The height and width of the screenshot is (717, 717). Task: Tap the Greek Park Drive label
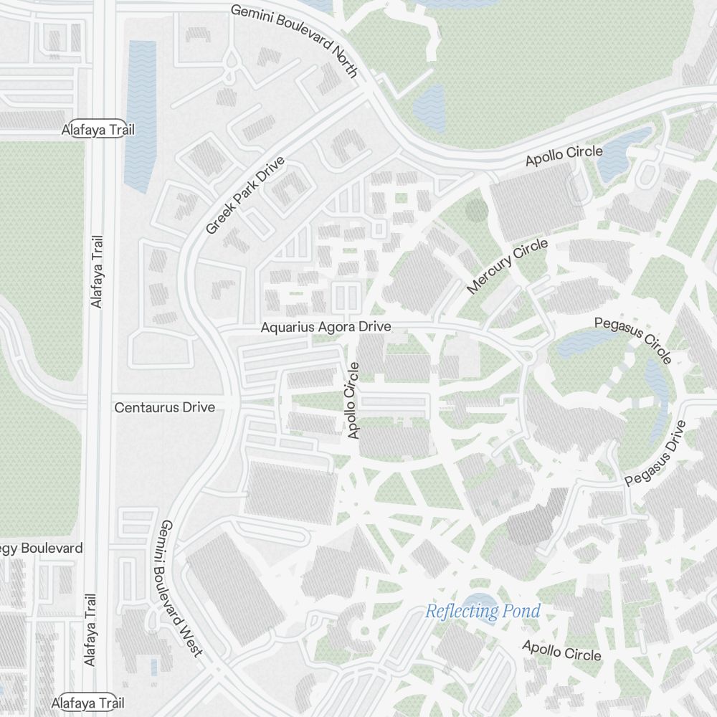245,195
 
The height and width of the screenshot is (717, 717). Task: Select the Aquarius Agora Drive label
326,327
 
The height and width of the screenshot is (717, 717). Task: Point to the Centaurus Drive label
164,407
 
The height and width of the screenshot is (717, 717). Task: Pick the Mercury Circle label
508,266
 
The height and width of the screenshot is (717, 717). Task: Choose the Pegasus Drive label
655,454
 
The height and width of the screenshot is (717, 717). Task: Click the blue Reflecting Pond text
482,612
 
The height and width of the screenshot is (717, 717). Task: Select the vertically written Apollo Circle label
352,400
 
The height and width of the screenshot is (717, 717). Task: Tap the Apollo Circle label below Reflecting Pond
561,650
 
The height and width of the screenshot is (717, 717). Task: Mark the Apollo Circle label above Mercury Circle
564,156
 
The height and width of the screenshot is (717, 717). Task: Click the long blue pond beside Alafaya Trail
141,115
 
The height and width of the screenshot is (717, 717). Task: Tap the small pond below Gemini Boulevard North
429,108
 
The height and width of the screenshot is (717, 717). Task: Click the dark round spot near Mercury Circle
476,210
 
